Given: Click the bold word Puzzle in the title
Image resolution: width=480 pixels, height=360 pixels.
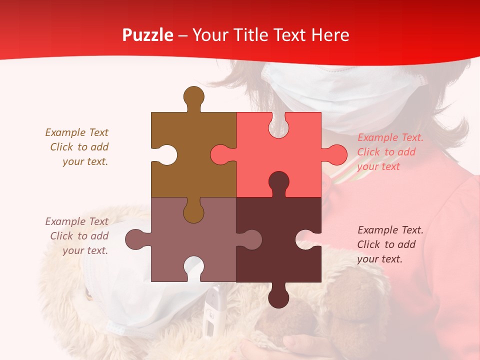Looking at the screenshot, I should tap(148, 35).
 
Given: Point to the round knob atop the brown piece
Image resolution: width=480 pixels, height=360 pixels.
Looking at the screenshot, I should tap(193, 96).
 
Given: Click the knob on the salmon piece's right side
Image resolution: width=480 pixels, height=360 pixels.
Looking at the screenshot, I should tap(336, 154).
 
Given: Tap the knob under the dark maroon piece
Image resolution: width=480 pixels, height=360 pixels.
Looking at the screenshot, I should tap(278, 297).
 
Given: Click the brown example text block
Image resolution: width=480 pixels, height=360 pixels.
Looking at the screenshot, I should tap(77, 147).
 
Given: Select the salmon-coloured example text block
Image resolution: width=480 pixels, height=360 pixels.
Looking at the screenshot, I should tap(390, 152).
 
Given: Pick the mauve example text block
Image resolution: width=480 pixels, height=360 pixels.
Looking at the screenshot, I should tap(77, 236).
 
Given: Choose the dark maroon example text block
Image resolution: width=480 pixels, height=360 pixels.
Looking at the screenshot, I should tap(390, 244).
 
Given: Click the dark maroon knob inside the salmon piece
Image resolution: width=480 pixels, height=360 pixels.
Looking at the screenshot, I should tap(278, 182).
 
